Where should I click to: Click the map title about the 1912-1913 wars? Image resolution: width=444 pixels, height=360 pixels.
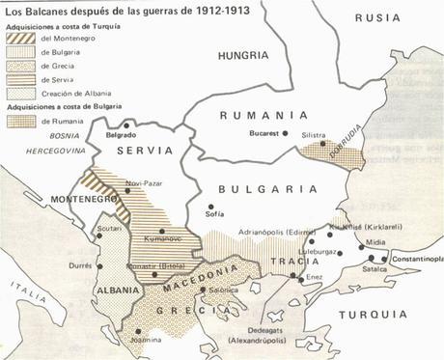tap(111, 10)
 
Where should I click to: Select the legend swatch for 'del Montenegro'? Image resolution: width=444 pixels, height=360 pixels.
tap(18, 38)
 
